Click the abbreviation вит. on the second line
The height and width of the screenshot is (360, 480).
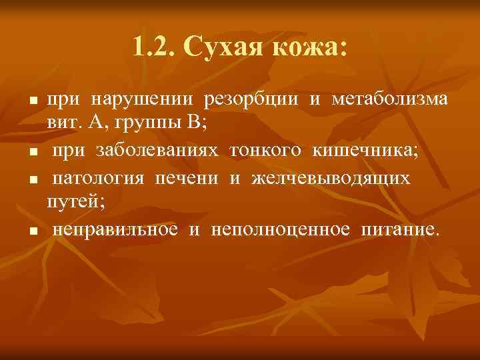(x=62, y=124)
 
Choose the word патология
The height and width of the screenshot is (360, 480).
(x=100, y=179)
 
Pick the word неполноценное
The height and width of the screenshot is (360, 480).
(x=281, y=230)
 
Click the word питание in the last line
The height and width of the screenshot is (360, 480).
(x=399, y=230)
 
